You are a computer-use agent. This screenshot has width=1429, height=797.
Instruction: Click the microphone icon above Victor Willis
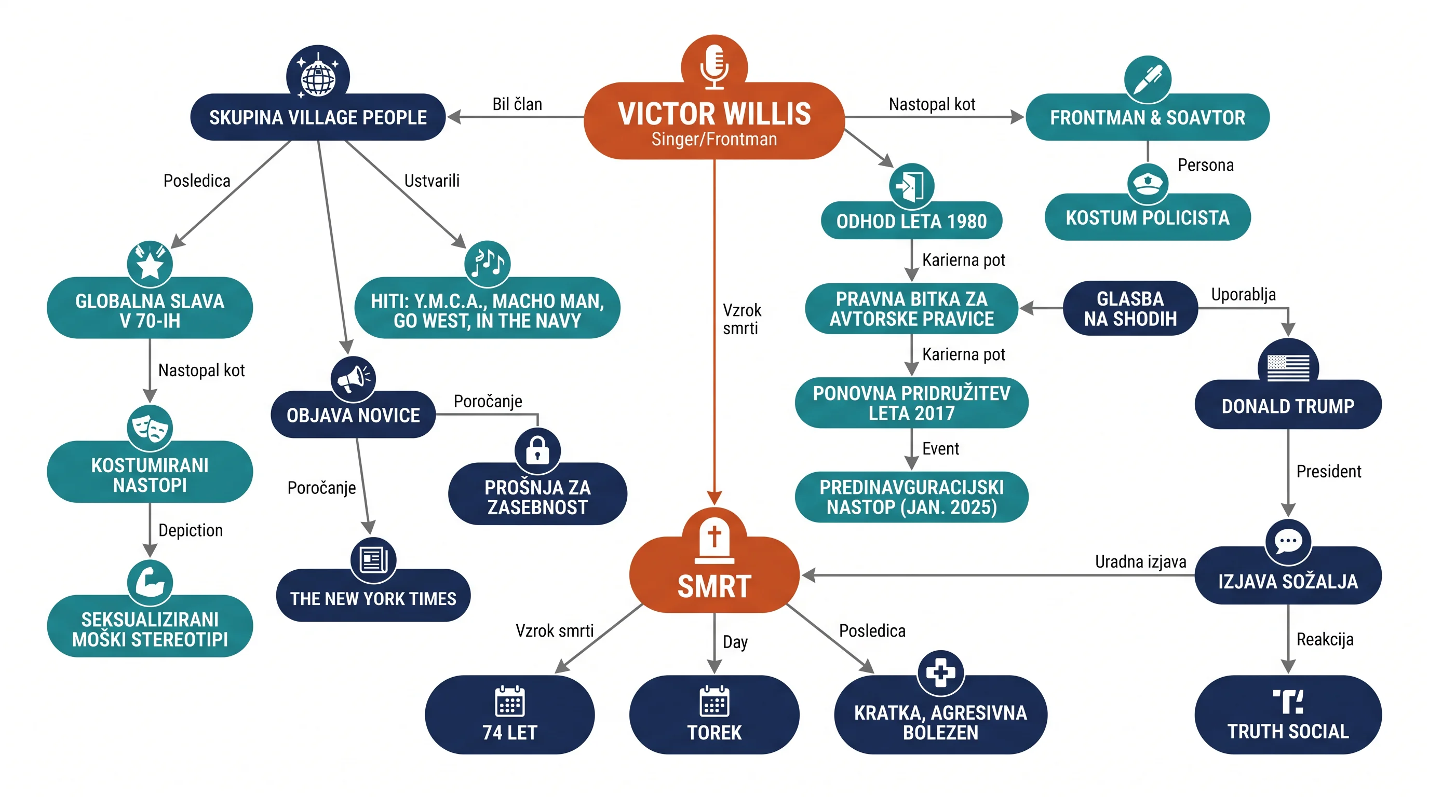pyautogui.click(x=714, y=66)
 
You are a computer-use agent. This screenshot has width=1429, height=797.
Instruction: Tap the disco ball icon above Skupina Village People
pyautogui.click(x=318, y=77)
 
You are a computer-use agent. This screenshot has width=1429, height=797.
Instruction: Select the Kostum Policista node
pyautogui.click(x=1147, y=217)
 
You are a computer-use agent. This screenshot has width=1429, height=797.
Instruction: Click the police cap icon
pyautogui.click(x=1147, y=184)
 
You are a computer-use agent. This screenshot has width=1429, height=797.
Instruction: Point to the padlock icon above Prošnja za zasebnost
pyautogui.click(x=537, y=449)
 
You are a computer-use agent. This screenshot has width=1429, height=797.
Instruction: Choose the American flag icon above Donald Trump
pyautogui.click(x=1288, y=367)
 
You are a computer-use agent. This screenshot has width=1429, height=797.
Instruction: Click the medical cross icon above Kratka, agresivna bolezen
pyautogui.click(x=940, y=672)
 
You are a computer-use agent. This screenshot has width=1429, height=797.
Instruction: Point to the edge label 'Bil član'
pyautogui.click(x=517, y=104)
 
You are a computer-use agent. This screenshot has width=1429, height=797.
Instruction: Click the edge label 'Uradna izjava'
pyautogui.click(x=1140, y=561)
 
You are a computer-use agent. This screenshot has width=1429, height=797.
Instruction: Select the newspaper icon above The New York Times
pyautogui.click(x=373, y=560)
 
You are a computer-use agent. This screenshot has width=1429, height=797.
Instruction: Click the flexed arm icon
pyautogui.click(x=150, y=582)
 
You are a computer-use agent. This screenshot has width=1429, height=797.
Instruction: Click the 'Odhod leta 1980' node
pyautogui.click(x=911, y=221)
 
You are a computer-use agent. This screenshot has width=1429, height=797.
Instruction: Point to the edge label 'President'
pyautogui.click(x=1329, y=471)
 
